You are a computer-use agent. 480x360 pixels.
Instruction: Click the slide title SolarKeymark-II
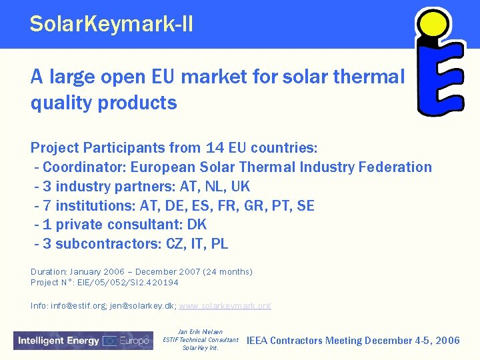click(111, 25)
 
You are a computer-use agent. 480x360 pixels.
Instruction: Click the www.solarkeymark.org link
click(225, 306)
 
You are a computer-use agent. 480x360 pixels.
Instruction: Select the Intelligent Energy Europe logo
click(83, 341)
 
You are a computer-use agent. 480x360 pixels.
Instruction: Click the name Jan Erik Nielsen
click(200, 332)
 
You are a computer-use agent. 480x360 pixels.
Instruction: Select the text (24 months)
click(229, 272)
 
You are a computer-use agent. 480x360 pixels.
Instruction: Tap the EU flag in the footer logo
click(110, 341)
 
